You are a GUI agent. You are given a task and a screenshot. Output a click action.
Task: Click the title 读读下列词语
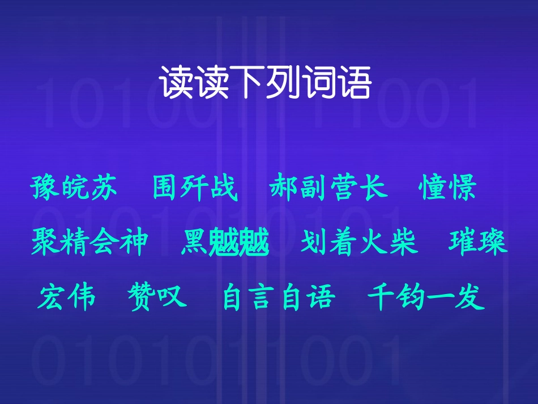(x=266, y=83)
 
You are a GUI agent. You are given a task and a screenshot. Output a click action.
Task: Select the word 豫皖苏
(x=75, y=188)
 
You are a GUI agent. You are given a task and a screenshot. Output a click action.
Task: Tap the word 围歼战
(x=195, y=188)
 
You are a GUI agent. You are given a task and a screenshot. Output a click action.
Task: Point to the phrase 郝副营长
(x=329, y=188)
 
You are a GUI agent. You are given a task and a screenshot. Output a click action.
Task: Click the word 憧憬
(x=448, y=188)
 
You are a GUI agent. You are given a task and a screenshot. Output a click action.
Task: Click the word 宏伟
(x=67, y=297)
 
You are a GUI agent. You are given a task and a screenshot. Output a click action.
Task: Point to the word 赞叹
(x=157, y=297)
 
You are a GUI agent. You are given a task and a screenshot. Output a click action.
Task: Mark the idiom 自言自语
(x=279, y=297)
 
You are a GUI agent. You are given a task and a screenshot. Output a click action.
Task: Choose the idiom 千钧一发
(x=426, y=297)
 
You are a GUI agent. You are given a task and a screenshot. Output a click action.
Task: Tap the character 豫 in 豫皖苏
(x=46, y=188)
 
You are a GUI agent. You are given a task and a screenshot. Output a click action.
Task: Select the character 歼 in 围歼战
(x=195, y=188)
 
